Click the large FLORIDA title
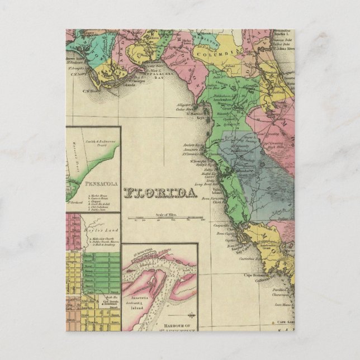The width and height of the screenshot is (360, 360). pyautogui.click(x=162, y=193)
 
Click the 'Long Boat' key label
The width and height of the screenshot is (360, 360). pyautogui.click(x=203, y=182)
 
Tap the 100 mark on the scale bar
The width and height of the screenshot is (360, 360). pyautogui.click(x=202, y=220)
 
